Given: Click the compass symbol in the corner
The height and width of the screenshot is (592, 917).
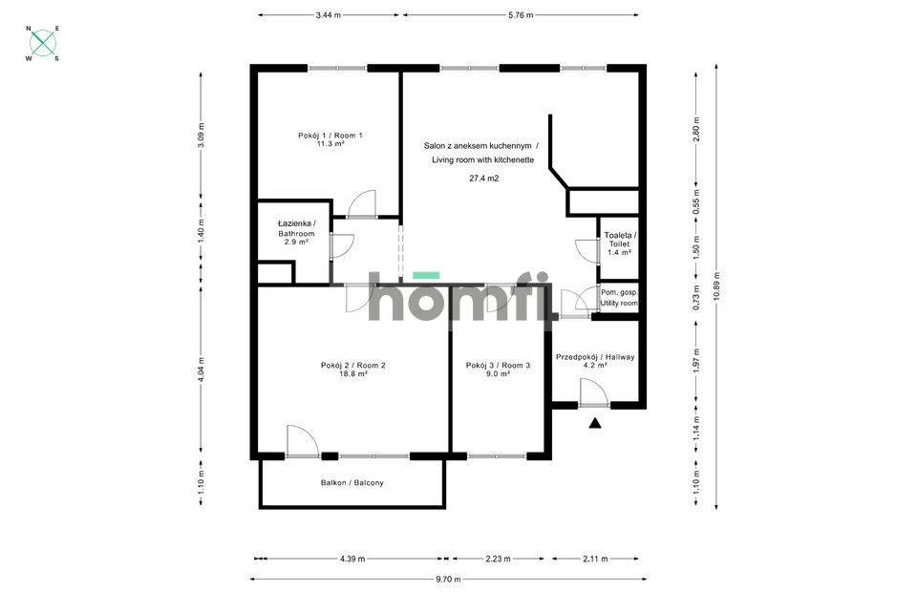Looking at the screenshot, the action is click(x=43, y=43).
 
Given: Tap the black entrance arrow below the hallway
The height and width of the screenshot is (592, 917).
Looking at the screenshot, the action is click(x=595, y=423).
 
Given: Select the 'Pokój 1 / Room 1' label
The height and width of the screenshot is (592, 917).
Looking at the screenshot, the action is click(x=330, y=136).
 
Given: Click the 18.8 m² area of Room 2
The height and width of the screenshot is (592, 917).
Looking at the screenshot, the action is click(x=352, y=374).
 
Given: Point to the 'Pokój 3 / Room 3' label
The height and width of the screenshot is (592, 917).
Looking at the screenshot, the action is click(x=498, y=366).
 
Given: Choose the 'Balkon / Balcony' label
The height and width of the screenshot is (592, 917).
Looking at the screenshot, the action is click(x=352, y=483).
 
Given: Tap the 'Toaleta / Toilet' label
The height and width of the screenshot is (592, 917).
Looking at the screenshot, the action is click(x=620, y=240).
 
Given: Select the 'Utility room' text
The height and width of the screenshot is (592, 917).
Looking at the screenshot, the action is click(x=619, y=304).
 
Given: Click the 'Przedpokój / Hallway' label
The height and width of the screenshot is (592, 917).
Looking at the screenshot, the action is click(x=595, y=357).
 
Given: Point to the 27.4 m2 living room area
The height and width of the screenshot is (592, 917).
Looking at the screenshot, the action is click(x=483, y=179).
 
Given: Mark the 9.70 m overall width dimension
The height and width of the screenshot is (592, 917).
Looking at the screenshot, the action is click(x=448, y=580).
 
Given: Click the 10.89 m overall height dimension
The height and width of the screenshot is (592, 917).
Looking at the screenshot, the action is click(x=716, y=286).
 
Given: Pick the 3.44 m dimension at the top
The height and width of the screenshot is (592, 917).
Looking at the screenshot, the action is click(x=328, y=15).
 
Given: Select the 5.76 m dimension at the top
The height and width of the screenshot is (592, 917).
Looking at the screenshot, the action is click(x=521, y=15).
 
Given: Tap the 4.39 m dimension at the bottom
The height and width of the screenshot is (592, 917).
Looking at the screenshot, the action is click(x=352, y=559).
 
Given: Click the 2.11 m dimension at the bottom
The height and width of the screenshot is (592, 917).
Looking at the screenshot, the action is click(x=595, y=559).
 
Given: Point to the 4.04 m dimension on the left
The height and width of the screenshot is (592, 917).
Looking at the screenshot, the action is click(x=202, y=370).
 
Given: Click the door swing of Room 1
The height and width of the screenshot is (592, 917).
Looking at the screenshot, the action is click(x=362, y=203).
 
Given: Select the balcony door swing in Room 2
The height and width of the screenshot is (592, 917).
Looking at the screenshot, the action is click(x=303, y=439).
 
